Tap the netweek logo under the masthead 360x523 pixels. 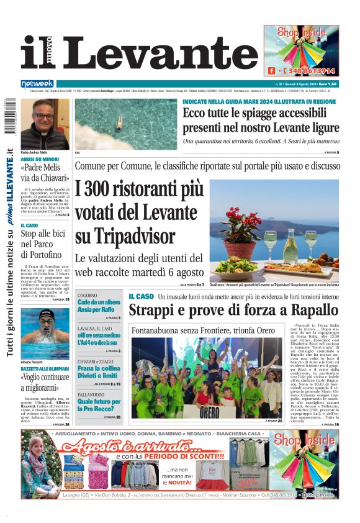coord(37,83)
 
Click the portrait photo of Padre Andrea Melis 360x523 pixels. coord(45,124)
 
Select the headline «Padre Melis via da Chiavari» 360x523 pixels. coord(45,172)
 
